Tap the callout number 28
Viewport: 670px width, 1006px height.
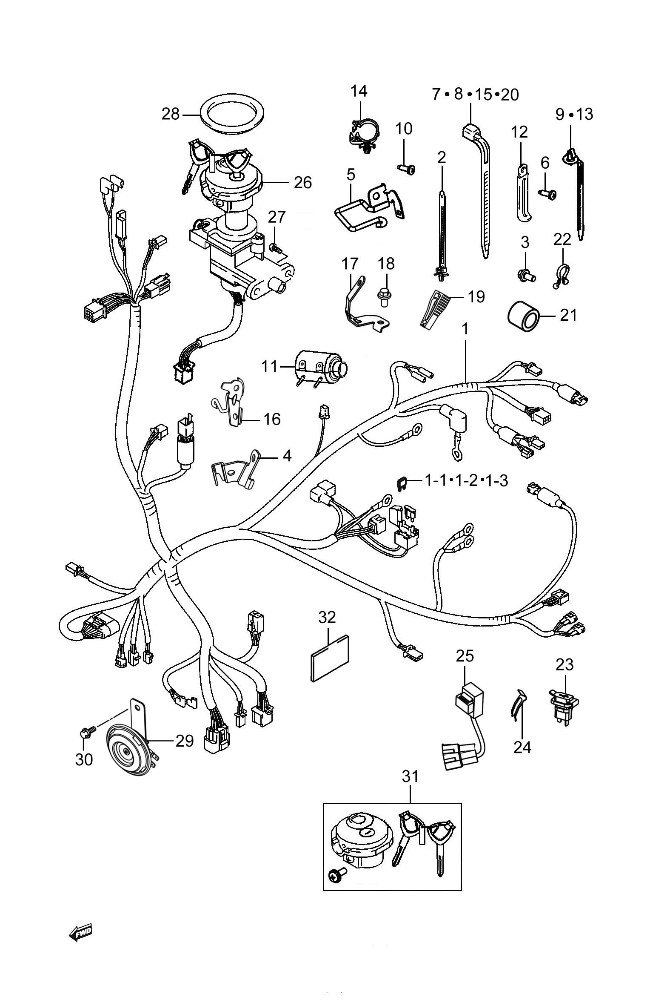[x=171, y=114]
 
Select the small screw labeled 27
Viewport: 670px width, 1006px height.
[x=274, y=246]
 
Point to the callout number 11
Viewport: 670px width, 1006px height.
[x=269, y=367]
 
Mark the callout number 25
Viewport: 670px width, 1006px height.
[x=465, y=656]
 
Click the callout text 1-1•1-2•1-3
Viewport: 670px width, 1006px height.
[x=467, y=481]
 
